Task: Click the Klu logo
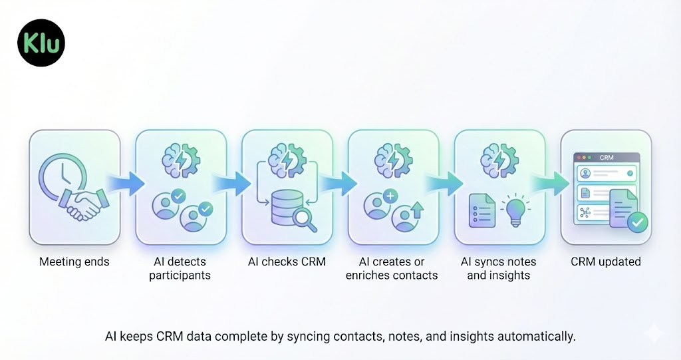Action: [x=41, y=43]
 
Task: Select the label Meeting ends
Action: [x=74, y=262]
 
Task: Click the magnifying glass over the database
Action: [x=304, y=218]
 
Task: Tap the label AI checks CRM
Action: [x=287, y=262]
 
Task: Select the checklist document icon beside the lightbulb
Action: [x=481, y=210]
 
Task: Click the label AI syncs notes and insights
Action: [x=498, y=268]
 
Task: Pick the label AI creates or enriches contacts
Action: [x=392, y=268]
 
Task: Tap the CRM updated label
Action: [x=605, y=262]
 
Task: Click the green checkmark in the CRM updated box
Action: [x=637, y=222]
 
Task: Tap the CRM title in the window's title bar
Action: [x=606, y=158]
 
